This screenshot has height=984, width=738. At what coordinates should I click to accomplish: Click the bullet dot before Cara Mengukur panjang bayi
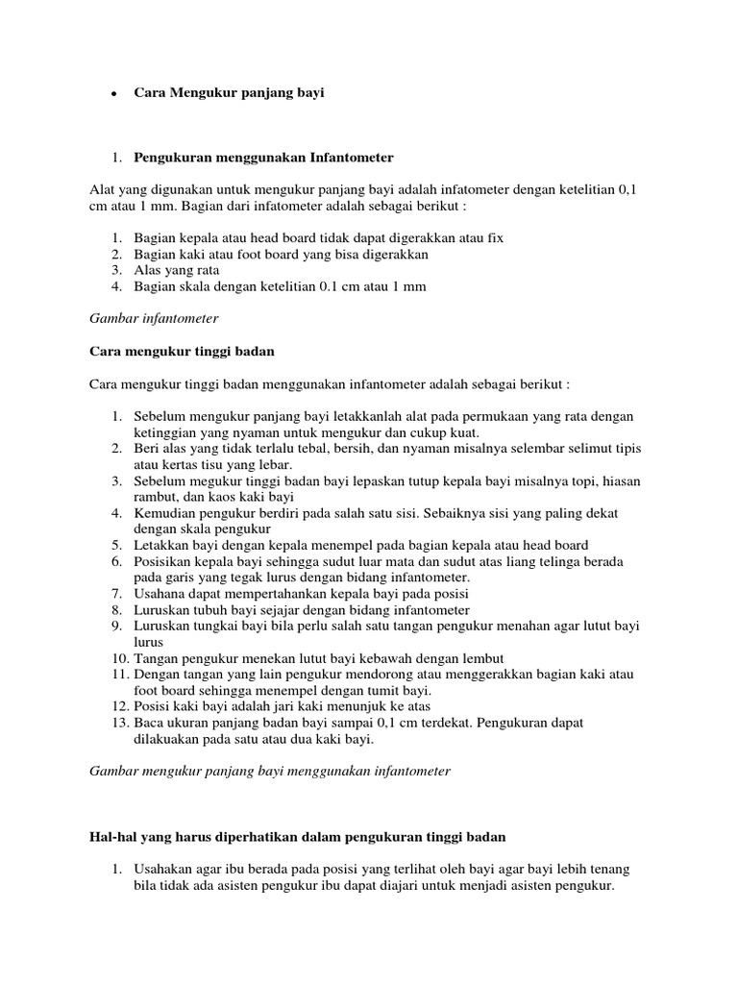click(113, 94)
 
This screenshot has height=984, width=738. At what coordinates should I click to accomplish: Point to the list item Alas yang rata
click(177, 270)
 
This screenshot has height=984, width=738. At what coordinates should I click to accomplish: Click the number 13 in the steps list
click(119, 722)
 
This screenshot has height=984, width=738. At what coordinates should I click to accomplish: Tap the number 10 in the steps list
click(119, 657)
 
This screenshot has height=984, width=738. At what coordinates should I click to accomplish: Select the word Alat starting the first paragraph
click(102, 189)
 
